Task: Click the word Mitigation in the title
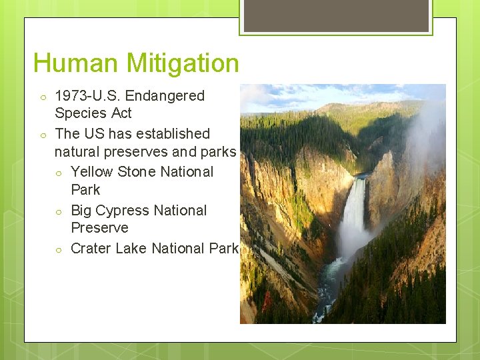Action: pos(182,64)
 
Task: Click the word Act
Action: pos(121,113)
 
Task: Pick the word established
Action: pos(172,133)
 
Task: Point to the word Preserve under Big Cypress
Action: pos(99,228)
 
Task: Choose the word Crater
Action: pos(91,249)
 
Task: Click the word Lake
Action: pos(131,249)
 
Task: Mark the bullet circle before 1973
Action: pos(41,97)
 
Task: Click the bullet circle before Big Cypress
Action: pos(59,212)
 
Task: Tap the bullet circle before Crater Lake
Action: pos(59,250)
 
